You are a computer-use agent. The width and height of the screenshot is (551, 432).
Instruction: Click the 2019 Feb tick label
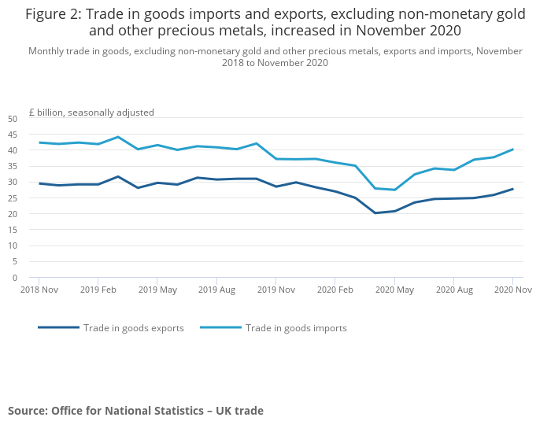pos(98,290)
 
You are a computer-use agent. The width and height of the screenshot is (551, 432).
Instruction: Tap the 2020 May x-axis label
pos(394,290)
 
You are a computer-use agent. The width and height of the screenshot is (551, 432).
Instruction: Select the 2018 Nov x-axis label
pos(39,290)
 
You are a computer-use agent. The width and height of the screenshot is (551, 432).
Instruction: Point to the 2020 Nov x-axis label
pos(512,290)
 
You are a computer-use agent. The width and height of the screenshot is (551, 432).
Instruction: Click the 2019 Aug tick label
pos(216,290)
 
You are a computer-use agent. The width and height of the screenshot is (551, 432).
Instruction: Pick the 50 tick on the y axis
pos(12,119)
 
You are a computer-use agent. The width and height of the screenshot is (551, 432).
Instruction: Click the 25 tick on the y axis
pos(12,198)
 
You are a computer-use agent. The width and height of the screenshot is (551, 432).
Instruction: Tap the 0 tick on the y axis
pos(14,278)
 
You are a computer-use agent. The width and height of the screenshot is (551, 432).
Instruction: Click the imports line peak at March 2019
pos(118,137)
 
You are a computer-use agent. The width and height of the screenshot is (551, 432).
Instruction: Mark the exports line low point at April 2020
pos(375,213)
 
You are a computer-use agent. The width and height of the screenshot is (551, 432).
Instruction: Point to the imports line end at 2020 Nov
pos(512,150)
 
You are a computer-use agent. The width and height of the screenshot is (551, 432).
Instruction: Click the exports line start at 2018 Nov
pos(39,183)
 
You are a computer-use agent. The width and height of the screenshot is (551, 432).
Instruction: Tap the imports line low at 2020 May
pos(394,190)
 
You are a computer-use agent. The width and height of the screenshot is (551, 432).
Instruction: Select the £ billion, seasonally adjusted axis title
pos(91,113)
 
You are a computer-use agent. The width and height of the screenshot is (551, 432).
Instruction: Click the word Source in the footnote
pos(28,411)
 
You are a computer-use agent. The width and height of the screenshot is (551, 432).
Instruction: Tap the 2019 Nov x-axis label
pos(275,290)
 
